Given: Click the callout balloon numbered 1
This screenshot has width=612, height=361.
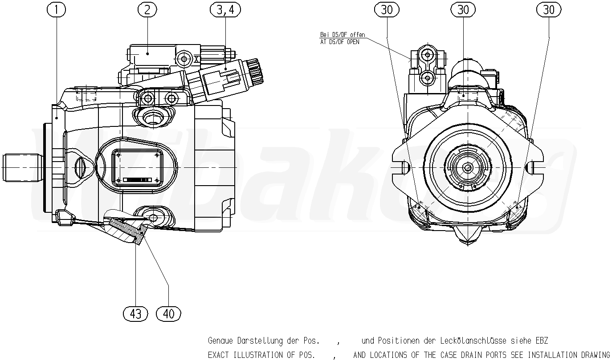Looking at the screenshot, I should (57, 9).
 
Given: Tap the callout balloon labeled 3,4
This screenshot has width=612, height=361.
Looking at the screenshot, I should (225, 9).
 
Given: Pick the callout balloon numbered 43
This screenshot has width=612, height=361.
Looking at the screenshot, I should (135, 314).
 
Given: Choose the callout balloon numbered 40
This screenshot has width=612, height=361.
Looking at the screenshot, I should (169, 314).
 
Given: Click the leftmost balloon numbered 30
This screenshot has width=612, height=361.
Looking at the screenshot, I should (387, 9).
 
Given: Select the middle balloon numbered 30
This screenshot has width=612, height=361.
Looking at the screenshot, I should (463, 9).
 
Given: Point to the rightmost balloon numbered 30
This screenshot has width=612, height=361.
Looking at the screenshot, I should (549, 9).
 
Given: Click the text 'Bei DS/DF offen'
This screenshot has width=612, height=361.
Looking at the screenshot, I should (343, 35).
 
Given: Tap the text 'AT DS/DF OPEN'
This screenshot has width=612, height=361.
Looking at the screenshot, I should (339, 42).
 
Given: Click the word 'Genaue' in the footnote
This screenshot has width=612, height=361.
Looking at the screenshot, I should (220, 341).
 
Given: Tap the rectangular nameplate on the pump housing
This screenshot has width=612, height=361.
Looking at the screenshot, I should (137, 167).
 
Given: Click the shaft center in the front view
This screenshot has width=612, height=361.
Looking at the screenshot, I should (468, 167).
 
